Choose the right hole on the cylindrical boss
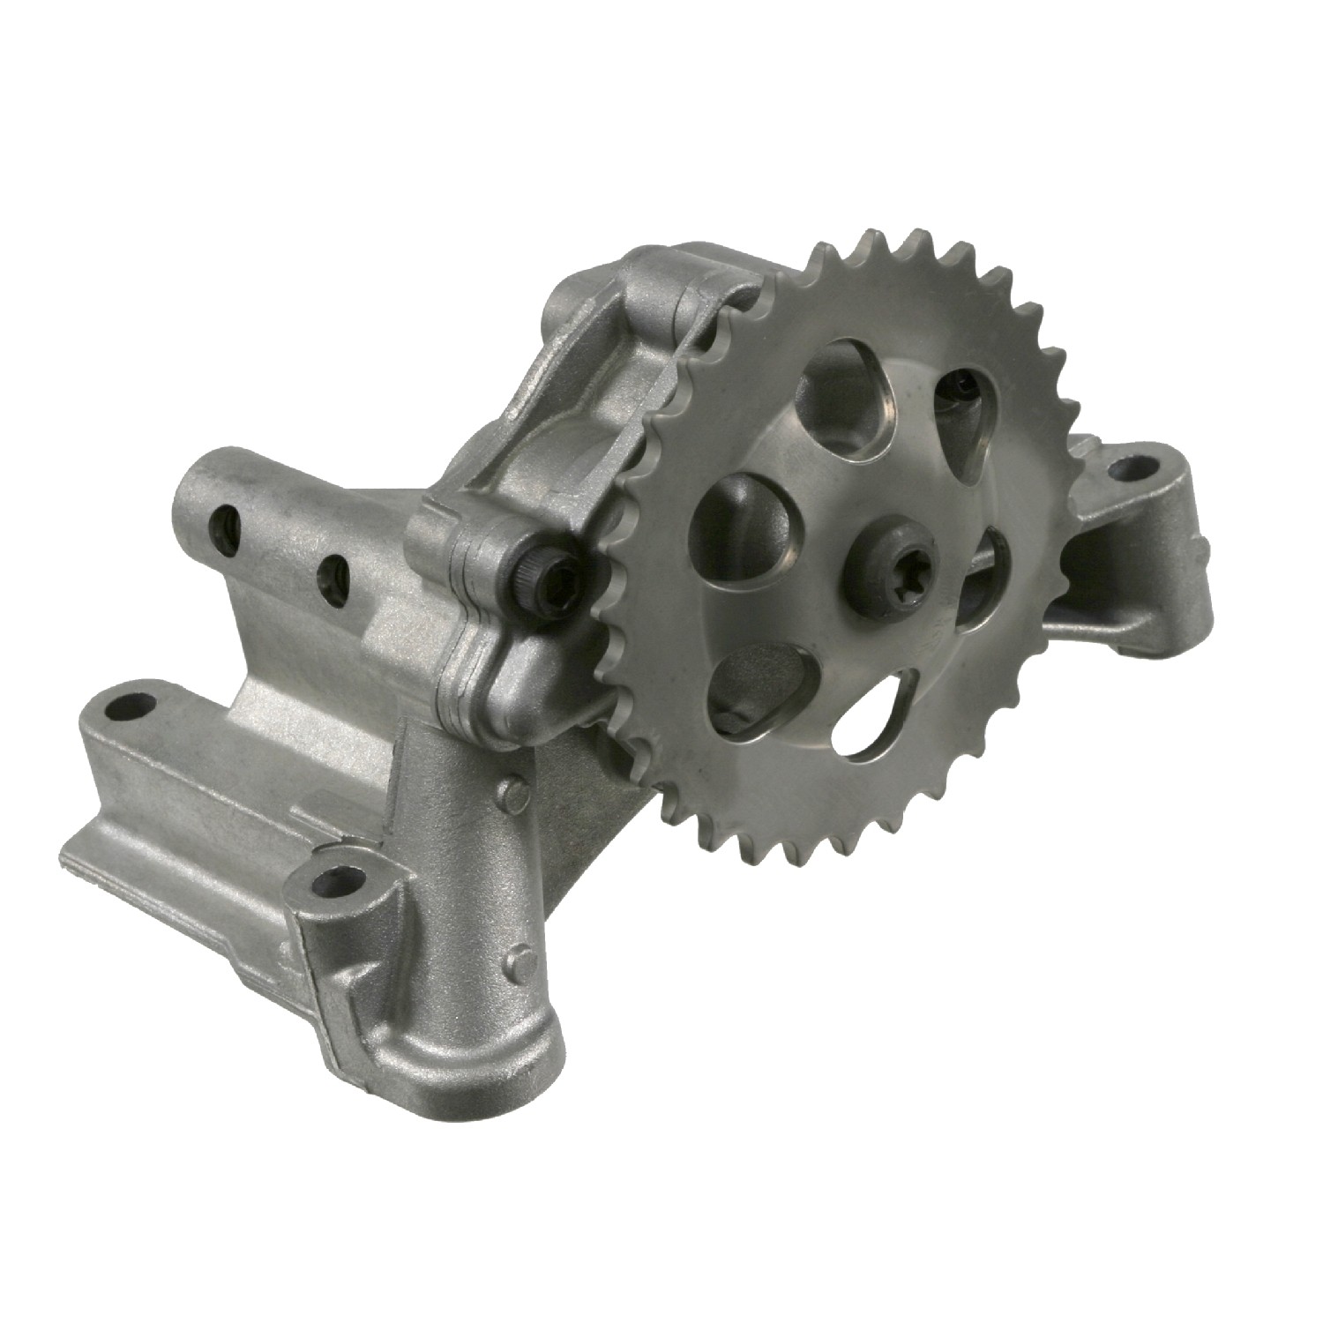coord(333,579)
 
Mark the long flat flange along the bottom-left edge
coord(176,882)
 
